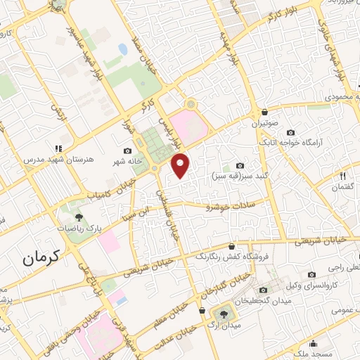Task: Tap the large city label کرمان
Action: click(x=47, y=258)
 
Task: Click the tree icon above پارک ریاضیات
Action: click(x=78, y=217)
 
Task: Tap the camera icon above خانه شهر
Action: click(x=127, y=151)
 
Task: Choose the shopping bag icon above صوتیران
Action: click(x=264, y=112)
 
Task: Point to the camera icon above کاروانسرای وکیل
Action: click(x=311, y=275)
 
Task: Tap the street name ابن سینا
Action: click(x=134, y=209)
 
